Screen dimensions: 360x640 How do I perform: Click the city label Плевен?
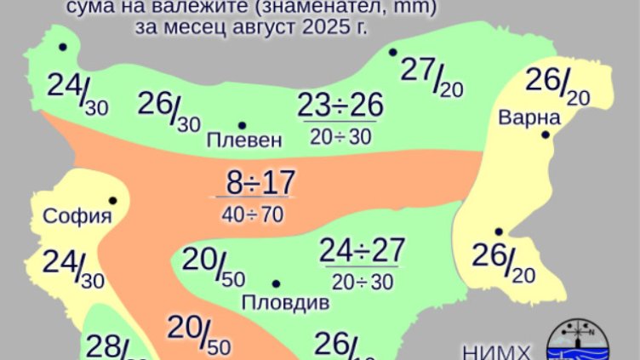[243, 140]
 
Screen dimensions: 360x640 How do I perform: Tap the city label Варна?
[529, 116]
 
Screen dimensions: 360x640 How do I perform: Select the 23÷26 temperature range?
[340, 106]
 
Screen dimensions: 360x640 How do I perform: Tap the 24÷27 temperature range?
[362, 251]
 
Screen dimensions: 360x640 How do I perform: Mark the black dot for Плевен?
[242, 125]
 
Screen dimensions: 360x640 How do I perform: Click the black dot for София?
[112, 201]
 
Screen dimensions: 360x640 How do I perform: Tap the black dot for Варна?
[546, 134]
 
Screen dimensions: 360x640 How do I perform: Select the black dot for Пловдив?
[276, 283]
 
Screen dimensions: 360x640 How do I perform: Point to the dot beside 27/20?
[392, 52]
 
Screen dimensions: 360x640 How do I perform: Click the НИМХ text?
[497, 352]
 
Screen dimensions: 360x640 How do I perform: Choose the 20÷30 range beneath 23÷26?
[340, 136]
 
